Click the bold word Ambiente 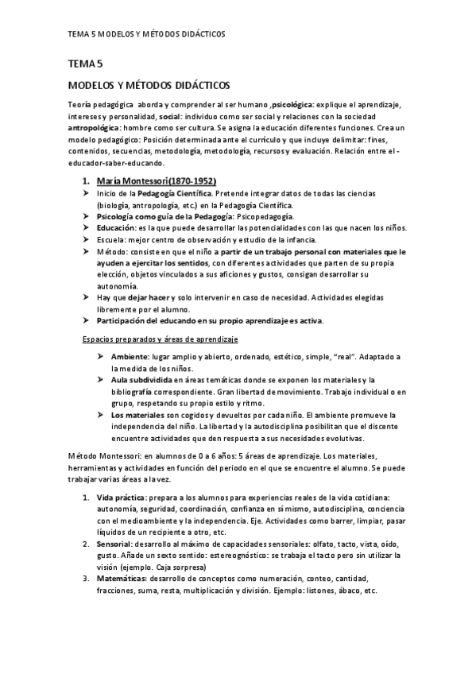(133, 357)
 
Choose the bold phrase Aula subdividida (142, 380)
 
